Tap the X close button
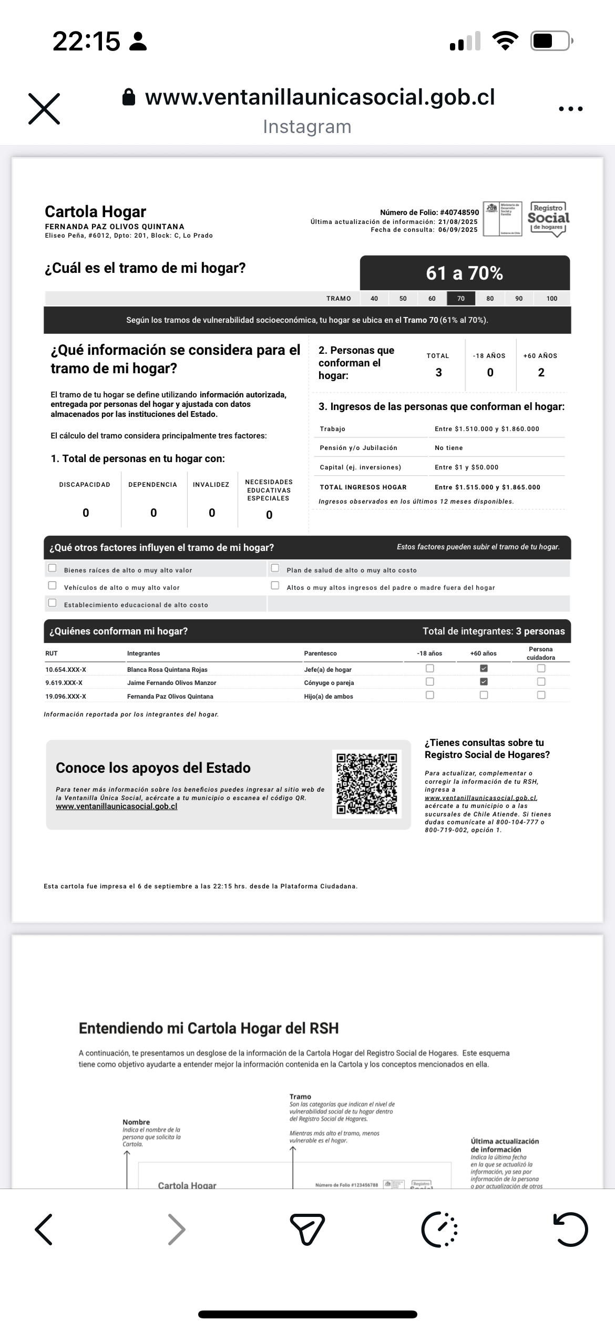pyautogui.click(x=44, y=109)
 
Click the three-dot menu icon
pyautogui.click(x=571, y=109)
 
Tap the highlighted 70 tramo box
pyautogui.click(x=461, y=299)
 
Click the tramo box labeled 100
pyautogui.click(x=551, y=299)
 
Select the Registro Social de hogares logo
pyautogui.click(x=548, y=219)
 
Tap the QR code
pyautogui.click(x=367, y=784)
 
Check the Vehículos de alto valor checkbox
pyautogui.click(x=53, y=586)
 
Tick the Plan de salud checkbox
pyautogui.click(x=275, y=568)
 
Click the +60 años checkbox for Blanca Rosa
pyautogui.click(x=484, y=669)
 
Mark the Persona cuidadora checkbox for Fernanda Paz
pyautogui.click(x=541, y=695)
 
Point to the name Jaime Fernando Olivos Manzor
pyautogui.click(x=171, y=683)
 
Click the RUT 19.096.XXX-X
pyautogui.click(x=66, y=697)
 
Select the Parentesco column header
pyautogui.click(x=320, y=653)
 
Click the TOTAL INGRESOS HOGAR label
pyautogui.click(x=363, y=487)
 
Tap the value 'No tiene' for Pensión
pyautogui.click(x=449, y=448)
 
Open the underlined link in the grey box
pyautogui.click(x=117, y=806)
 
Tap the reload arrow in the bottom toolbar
pyautogui.click(x=571, y=1230)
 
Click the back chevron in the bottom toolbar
pyautogui.click(x=44, y=1230)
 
